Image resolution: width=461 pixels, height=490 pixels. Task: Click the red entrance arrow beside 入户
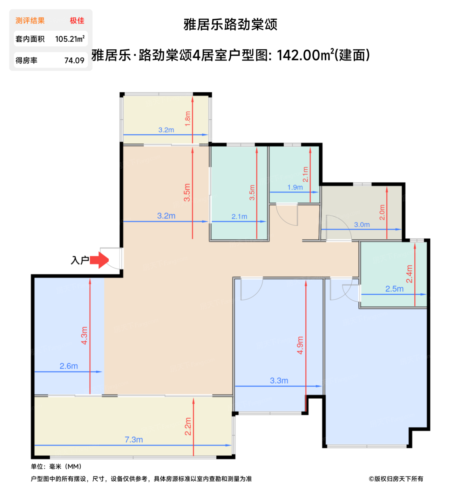[99, 260]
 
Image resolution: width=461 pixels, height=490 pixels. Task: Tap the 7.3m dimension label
[134, 439]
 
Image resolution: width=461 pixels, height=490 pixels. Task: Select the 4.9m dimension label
[300, 345]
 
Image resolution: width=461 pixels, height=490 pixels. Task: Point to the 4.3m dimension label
[84, 335]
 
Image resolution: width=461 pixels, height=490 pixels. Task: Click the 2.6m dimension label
[69, 366]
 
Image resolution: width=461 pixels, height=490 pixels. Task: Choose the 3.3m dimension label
[279, 380]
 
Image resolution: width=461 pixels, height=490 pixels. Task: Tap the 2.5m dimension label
[394, 288]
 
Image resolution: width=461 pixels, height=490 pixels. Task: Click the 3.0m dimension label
[362, 224]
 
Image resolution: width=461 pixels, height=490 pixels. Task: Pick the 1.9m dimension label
[295, 187]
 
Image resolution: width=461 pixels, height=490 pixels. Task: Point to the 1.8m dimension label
[188, 119]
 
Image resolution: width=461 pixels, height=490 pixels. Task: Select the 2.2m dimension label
[188, 426]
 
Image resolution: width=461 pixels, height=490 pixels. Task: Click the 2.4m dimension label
[409, 274]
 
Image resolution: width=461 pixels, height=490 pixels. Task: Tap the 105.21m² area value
[70, 39]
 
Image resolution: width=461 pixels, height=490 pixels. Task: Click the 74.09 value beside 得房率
[74, 61]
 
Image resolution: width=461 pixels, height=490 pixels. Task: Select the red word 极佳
[77, 21]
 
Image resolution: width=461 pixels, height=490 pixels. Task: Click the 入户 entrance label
[80, 260]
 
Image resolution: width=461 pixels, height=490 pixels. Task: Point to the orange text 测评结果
[30, 21]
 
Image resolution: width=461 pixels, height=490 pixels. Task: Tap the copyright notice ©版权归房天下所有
[396, 479]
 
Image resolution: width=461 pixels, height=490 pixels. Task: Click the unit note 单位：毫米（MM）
[56, 466]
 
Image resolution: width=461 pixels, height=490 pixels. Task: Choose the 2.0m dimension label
[382, 212]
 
